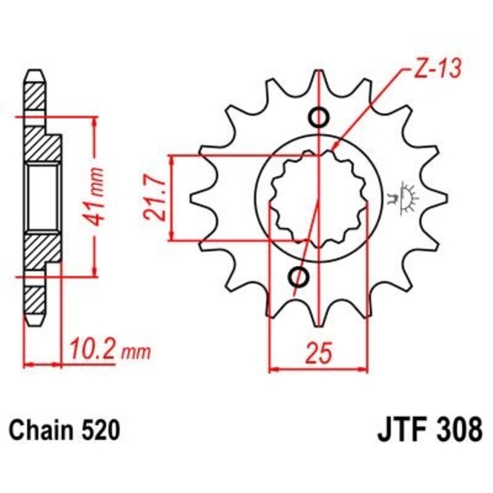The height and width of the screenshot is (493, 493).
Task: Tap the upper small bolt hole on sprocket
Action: [x=319, y=116]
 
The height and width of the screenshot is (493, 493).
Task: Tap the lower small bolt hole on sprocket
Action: [x=302, y=277]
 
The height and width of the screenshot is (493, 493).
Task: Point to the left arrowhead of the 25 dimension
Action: [x=275, y=370]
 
